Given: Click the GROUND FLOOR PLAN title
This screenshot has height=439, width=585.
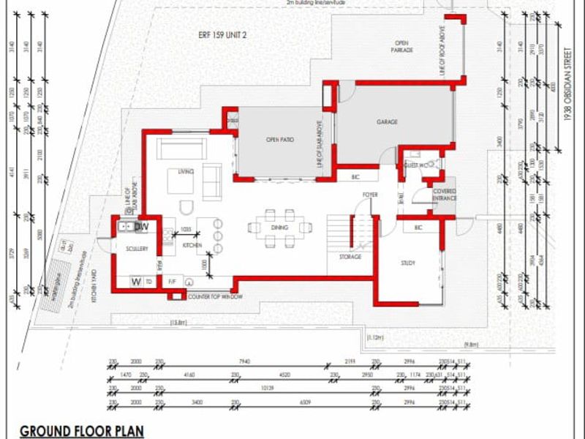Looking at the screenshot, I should (81, 431).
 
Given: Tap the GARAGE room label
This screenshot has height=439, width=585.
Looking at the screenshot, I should (387, 122).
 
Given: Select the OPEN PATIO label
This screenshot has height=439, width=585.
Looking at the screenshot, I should (280, 139).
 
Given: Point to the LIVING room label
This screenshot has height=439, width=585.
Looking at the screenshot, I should (186, 171).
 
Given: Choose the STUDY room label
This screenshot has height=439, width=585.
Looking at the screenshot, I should (408, 263).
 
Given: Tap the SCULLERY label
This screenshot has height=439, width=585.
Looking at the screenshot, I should (137, 249).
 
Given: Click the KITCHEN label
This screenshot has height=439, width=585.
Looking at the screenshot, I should (192, 246).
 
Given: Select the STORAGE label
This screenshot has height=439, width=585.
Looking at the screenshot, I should (350, 257).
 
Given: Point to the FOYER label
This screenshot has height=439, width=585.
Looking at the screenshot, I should (370, 194).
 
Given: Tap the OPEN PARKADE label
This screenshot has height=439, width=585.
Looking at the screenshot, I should (402, 46).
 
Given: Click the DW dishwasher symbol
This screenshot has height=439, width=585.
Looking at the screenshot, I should (142, 228).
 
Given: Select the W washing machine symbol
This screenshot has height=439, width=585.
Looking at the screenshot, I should (135, 281).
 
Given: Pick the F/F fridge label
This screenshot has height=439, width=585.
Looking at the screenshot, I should (173, 281).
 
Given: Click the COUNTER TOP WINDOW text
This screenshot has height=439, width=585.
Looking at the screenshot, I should (215, 296).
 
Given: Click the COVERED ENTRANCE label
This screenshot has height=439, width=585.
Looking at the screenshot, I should (444, 195).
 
